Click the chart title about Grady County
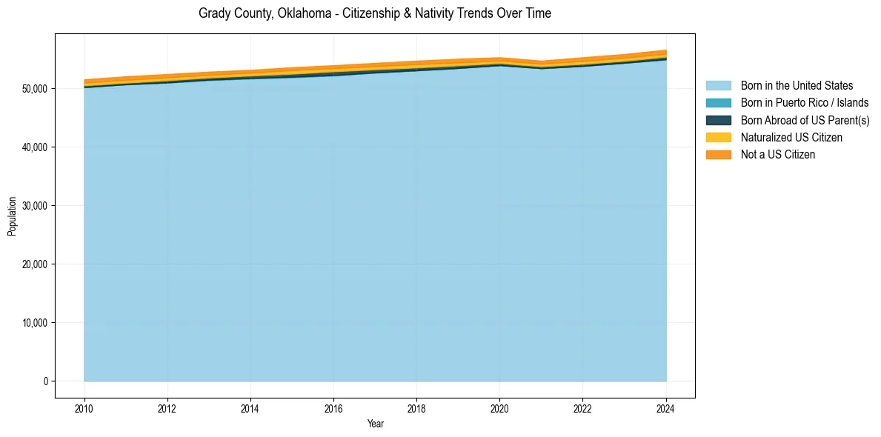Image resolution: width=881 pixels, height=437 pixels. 375,13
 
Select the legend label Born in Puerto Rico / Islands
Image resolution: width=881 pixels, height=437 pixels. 805,103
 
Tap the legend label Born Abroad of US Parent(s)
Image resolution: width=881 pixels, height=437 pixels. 805,120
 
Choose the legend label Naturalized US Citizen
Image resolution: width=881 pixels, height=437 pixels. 791,138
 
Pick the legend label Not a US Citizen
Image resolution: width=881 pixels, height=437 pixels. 778,155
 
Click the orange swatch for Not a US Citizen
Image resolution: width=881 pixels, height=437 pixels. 718,155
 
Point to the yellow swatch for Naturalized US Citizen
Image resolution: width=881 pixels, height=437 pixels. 718,138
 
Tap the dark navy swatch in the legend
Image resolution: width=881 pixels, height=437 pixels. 718,120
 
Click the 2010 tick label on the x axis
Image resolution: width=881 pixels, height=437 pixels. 84,407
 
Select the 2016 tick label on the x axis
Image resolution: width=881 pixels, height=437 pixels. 334,407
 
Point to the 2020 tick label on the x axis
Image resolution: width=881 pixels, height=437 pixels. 500,407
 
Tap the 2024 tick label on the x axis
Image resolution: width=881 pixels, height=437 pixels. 666,407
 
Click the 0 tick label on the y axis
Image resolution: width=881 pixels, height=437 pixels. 45,381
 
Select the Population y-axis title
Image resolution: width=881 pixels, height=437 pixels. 12,216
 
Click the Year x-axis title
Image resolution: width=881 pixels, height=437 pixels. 376,424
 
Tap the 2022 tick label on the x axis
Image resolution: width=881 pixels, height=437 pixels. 583,407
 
